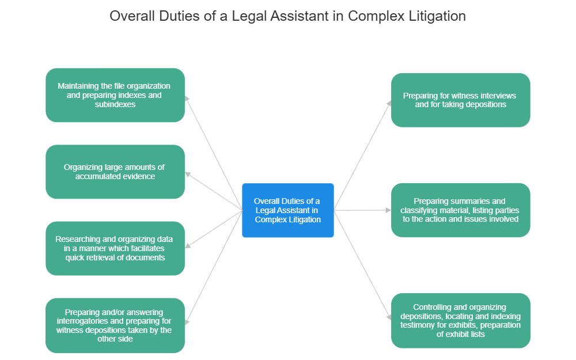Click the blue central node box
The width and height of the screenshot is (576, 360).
287,210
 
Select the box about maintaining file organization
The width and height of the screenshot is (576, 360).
115,95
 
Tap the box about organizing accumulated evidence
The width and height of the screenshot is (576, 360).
115,172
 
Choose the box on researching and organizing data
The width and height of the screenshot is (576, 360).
115,248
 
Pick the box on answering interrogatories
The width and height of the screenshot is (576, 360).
115,325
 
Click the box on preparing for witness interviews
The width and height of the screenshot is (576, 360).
460,100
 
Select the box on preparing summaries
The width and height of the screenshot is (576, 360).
460,210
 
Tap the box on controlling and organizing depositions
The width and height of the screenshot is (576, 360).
460,320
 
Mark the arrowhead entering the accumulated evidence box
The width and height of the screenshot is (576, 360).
187,173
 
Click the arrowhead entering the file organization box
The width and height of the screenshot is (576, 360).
187,98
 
